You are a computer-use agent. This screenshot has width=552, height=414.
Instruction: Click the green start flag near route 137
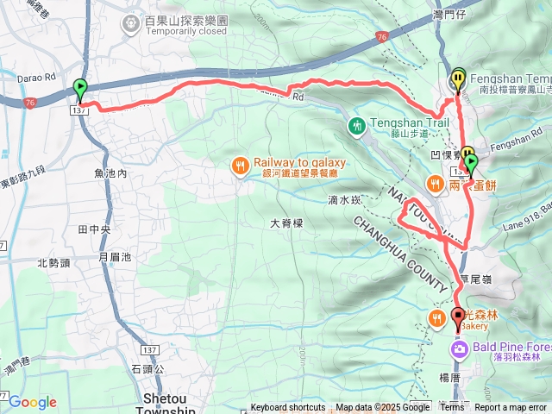80,86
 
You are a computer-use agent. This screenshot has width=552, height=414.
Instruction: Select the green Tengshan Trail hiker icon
357,127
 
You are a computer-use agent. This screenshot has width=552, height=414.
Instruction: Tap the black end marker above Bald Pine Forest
457,316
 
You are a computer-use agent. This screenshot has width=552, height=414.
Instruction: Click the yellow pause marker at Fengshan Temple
457,78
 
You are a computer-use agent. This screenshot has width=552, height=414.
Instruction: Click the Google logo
33,402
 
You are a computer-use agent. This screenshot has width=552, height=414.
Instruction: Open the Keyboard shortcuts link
288,408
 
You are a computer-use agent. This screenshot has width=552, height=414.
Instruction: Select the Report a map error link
510,408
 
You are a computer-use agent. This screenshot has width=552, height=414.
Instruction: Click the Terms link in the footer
452,408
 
